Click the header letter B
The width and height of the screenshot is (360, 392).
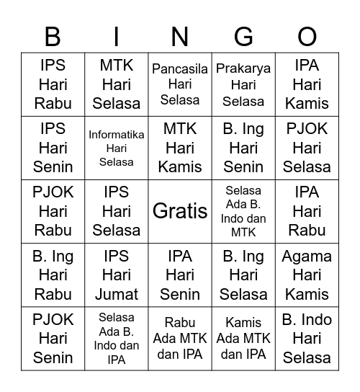[x=53, y=36]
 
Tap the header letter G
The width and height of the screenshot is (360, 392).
[x=243, y=36]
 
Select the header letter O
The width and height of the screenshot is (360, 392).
[x=307, y=36]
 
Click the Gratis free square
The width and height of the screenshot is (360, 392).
[x=180, y=211]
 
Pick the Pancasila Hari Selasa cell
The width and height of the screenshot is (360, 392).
[x=180, y=84]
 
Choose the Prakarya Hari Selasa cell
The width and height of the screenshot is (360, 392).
[x=243, y=84]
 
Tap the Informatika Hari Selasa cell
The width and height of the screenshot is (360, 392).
[x=117, y=148]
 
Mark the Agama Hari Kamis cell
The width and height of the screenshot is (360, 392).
[x=307, y=275]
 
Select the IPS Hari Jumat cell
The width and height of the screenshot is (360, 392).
[x=117, y=275]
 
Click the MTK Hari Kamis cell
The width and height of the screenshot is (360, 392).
[x=180, y=148]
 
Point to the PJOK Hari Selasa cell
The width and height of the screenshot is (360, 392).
[x=307, y=148]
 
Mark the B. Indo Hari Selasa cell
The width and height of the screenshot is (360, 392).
[x=307, y=338]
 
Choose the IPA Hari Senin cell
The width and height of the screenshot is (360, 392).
[x=180, y=275]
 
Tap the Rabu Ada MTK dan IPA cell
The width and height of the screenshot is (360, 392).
[x=180, y=338]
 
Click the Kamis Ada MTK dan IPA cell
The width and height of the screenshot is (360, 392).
[x=243, y=338]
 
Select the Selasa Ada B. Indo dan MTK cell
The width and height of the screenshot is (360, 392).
[x=243, y=211]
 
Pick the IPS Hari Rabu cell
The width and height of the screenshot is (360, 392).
[x=53, y=84]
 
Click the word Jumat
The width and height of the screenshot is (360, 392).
[x=117, y=293]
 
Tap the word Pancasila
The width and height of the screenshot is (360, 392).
[x=180, y=69]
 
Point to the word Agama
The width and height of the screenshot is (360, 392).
[x=307, y=257]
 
